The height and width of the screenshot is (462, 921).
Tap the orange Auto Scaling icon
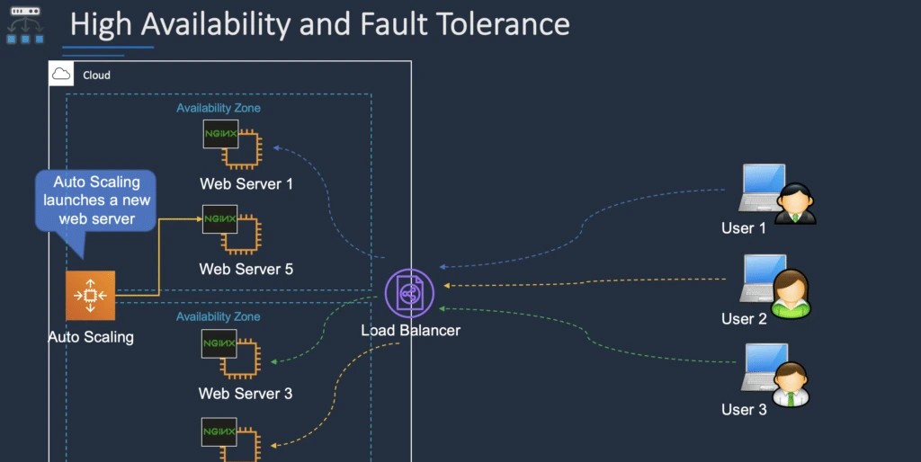[91, 296]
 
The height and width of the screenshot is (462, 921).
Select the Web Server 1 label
[246, 184]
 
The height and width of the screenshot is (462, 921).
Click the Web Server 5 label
[246, 269]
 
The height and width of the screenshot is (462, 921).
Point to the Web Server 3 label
[246, 394]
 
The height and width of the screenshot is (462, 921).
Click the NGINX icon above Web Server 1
[229, 144]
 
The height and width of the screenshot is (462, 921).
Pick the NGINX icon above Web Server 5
[229, 228]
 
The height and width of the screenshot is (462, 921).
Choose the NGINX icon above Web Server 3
[229, 352]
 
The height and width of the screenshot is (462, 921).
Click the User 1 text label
[744, 228]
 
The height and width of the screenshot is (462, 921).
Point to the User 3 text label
[744, 410]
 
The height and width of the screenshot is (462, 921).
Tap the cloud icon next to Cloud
[62, 75]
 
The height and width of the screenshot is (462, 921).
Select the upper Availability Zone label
[219, 109]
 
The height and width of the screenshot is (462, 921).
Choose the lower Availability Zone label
[219, 317]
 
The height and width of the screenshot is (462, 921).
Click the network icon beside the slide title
[25, 25]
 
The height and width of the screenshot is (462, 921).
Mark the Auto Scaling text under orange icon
[91, 337]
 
